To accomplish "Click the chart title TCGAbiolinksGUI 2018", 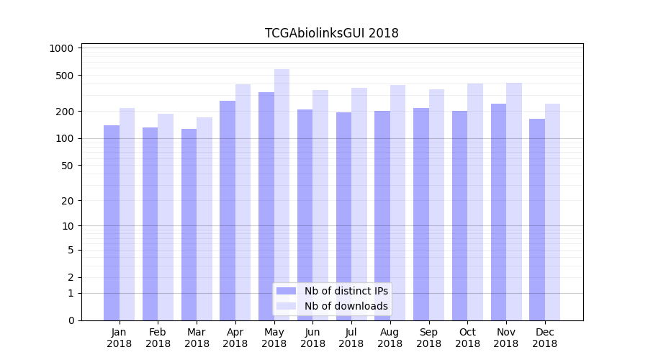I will (331, 33).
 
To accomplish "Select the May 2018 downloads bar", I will (282, 194).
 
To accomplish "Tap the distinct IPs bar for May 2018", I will (266, 206).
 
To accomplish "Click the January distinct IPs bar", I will (112, 222).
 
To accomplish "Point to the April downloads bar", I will (243, 202).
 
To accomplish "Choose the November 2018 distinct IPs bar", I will (498, 212).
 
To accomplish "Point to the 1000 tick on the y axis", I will (62, 48).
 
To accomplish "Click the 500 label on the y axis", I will (65, 76).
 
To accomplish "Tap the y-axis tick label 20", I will (67, 201).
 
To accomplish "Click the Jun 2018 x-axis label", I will (312, 338).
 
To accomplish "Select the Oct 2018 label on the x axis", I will (467, 338).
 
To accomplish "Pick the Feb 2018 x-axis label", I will (158, 338).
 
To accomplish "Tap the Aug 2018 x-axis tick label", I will (390, 338).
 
